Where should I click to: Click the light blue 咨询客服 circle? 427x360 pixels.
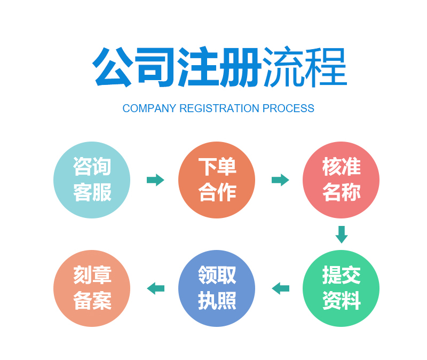click(92, 180)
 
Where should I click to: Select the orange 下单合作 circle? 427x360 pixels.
click(217, 180)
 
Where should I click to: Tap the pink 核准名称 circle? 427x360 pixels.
click(341, 180)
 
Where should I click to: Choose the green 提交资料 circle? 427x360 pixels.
click(341, 288)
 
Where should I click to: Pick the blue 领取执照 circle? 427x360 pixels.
click(217, 288)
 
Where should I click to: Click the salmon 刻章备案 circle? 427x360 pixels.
click(92, 288)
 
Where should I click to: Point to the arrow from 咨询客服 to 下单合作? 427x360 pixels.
click(155, 180)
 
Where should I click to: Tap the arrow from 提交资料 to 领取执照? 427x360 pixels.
click(280, 288)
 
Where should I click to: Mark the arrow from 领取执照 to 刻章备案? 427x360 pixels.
click(155, 288)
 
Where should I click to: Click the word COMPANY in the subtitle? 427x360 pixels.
click(149, 108)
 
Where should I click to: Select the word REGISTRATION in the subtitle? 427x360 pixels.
click(219, 108)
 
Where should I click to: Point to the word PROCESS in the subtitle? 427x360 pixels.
click(288, 108)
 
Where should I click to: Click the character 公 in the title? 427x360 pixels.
click(113, 67)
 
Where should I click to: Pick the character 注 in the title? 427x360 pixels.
click(198, 67)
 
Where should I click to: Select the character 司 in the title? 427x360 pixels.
click(155, 67)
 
